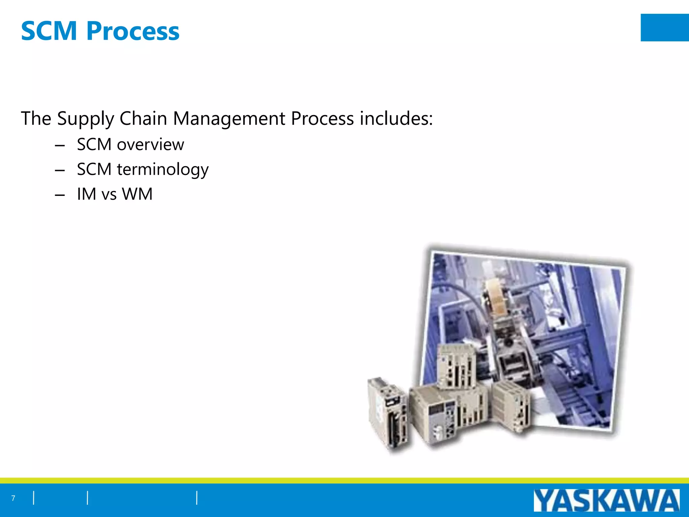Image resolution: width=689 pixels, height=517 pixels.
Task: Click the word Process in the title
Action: tap(133, 31)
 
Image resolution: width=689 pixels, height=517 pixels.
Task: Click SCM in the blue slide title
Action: tap(49, 31)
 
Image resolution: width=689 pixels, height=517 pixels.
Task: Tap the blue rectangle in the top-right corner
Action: tap(664, 28)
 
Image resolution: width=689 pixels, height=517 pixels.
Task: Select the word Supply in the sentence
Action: tap(85, 119)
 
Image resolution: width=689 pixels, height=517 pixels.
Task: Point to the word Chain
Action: tap(143, 118)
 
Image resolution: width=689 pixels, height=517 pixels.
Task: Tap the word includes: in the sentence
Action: tap(396, 118)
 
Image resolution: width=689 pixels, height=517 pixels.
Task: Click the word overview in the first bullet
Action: tap(150, 145)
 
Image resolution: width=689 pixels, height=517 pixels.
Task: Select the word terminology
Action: tap(163, 170)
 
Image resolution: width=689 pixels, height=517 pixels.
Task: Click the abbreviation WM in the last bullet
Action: tap(137, 194)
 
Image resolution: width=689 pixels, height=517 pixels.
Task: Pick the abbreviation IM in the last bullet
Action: tap(86, 194)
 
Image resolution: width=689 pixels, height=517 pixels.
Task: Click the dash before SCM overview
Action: tap(60, 146)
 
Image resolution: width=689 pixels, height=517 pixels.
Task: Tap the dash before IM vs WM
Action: tap(60, 195)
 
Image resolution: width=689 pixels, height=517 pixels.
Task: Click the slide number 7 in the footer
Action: tap(13, 498)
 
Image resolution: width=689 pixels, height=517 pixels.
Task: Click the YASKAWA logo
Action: tap(606, 501)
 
